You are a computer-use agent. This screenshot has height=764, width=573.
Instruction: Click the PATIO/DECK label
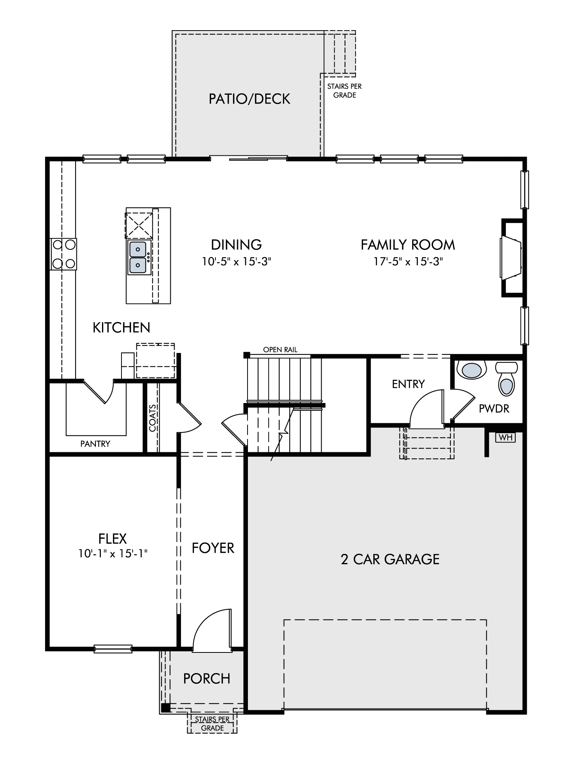[x=249, y=99]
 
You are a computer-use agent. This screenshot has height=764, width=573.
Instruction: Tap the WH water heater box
[x=505, y=437]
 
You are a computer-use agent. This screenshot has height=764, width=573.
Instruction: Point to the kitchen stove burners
[x=63, y=254]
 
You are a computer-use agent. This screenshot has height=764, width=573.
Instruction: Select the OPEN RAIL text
[x=280, y=350]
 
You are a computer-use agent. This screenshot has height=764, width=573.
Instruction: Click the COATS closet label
[x=153, y=418]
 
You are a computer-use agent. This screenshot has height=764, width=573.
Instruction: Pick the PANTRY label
[x=95, y=444]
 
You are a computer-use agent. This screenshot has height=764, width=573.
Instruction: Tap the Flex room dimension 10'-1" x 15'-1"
[x=113, y=554]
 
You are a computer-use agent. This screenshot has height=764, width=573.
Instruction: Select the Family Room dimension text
[x=408, y=262]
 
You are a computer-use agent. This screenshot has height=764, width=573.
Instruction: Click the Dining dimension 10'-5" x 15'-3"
[x=236, y=262]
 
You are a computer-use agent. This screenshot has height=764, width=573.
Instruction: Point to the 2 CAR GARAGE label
[x=390, y=559]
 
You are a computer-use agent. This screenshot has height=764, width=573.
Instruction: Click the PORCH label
[x=207, y=679]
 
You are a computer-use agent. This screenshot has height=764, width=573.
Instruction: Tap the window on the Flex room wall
[x=113, y=648]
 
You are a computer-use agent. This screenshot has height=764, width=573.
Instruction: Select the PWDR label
[x=494, y=408]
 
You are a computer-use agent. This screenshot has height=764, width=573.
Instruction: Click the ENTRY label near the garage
[x=408, y=384]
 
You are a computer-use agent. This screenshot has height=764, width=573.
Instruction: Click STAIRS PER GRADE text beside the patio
[x=345, y=91]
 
